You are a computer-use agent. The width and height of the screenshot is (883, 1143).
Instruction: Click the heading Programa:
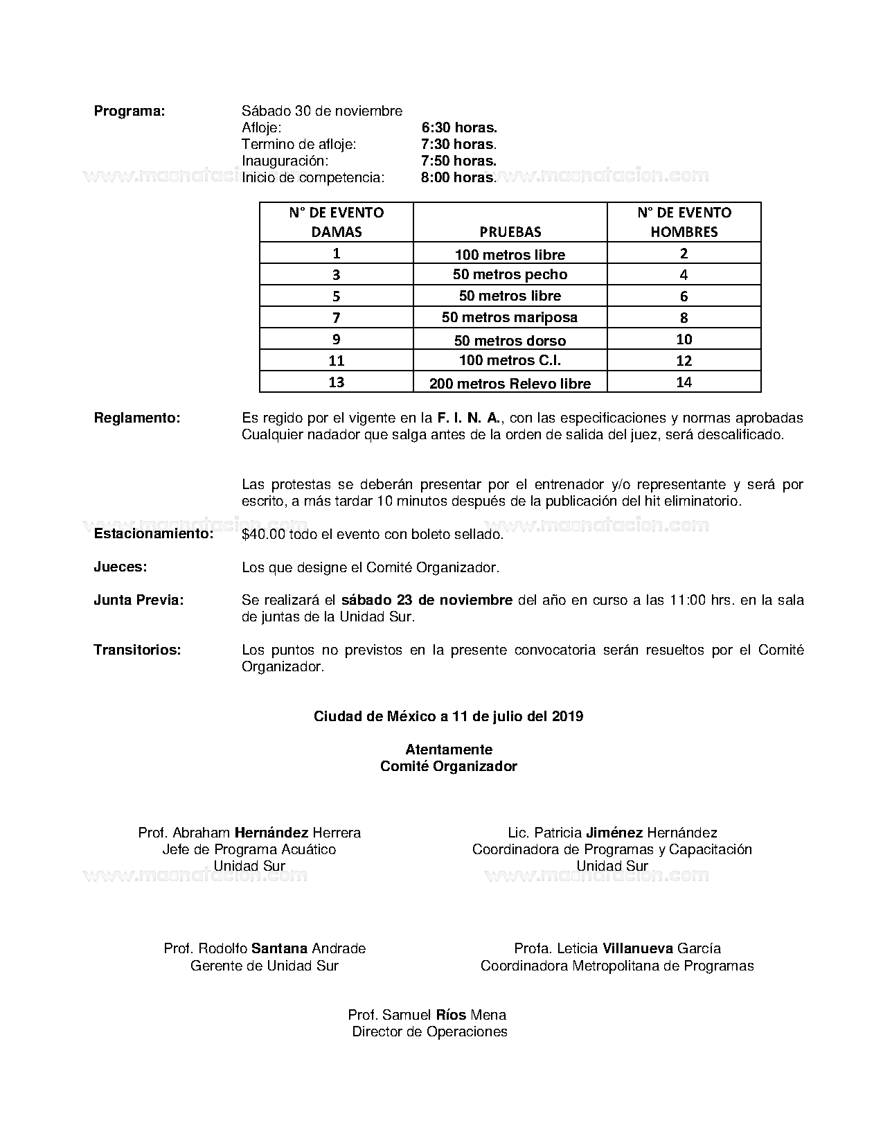(130, 111)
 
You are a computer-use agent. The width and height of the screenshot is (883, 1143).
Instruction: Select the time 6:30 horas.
(459, 127)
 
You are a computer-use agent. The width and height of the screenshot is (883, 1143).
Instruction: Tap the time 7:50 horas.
(458, 161)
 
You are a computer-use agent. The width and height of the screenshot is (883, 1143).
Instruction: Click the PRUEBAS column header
(510, 231)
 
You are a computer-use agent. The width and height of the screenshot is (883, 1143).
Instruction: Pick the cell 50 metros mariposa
(510, 317)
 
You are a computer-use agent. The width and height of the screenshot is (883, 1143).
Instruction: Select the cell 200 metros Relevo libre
(510, 383)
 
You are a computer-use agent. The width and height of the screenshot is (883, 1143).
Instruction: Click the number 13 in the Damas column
(337, 382)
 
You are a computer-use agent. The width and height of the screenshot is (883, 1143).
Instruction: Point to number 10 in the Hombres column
(684, 339)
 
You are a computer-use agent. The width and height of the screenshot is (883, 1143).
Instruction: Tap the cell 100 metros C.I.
(510, 360)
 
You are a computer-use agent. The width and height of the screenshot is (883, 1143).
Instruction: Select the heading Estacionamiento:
(153, 534)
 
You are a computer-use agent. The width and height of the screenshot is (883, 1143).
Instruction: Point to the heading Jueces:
(121, 567)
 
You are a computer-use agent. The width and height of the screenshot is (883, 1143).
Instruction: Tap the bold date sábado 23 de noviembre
(427, 600)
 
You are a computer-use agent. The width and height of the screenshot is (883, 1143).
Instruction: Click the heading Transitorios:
(137, 650)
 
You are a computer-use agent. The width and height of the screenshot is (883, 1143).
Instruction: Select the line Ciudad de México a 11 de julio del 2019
(448, 716)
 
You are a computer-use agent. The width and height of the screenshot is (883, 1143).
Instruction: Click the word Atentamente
(449, 750)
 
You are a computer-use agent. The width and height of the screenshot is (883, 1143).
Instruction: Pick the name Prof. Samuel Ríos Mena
(427, 1015)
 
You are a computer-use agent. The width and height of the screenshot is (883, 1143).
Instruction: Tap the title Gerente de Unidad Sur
(265, 966)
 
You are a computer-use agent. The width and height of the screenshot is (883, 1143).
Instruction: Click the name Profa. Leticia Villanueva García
(617, 948)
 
